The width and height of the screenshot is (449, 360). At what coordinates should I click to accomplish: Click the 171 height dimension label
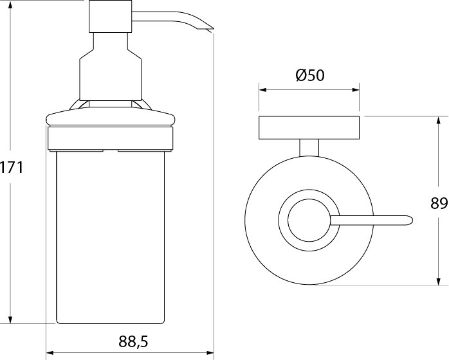12,167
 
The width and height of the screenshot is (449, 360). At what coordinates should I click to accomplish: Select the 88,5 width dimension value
133,341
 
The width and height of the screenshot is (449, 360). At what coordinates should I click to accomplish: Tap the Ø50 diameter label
310,75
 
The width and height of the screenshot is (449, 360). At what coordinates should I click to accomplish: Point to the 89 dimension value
439,203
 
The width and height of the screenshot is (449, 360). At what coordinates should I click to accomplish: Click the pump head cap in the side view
110,16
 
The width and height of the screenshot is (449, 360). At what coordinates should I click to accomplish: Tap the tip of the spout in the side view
214,29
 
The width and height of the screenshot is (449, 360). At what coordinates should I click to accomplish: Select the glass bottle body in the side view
111,237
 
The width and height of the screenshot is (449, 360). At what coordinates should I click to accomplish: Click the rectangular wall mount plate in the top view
309,128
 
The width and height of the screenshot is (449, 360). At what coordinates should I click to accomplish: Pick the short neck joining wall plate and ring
309,148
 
